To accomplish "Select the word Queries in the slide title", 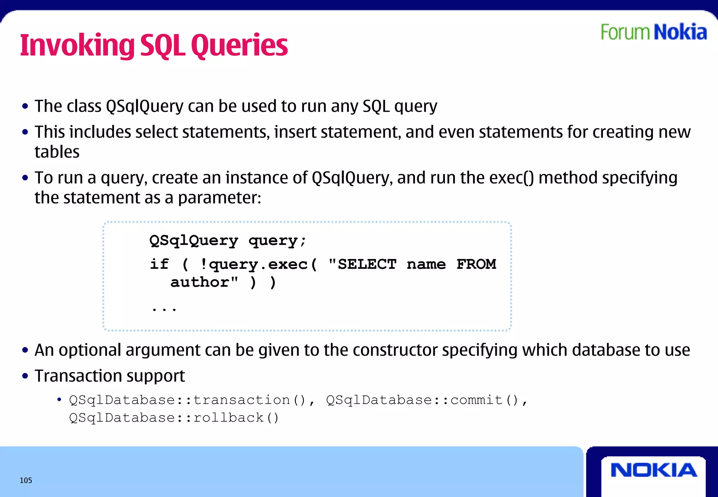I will (239, 46).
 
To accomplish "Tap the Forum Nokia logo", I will (653, 32).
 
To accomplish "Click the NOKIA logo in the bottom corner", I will (653, 470).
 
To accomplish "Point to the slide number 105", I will (26, 480).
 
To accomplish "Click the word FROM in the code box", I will (476, 264).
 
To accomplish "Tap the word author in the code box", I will (200, 282).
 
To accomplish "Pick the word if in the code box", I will (159, 264).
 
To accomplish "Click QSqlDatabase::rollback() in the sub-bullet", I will (174, 418).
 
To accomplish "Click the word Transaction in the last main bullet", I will (76, 376).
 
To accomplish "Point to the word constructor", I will (395, 350).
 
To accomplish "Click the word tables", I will (57, 152).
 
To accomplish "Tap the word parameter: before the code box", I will (219, 198).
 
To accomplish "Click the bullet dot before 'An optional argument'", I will (25, 350).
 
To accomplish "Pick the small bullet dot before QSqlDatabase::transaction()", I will (59, 400).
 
